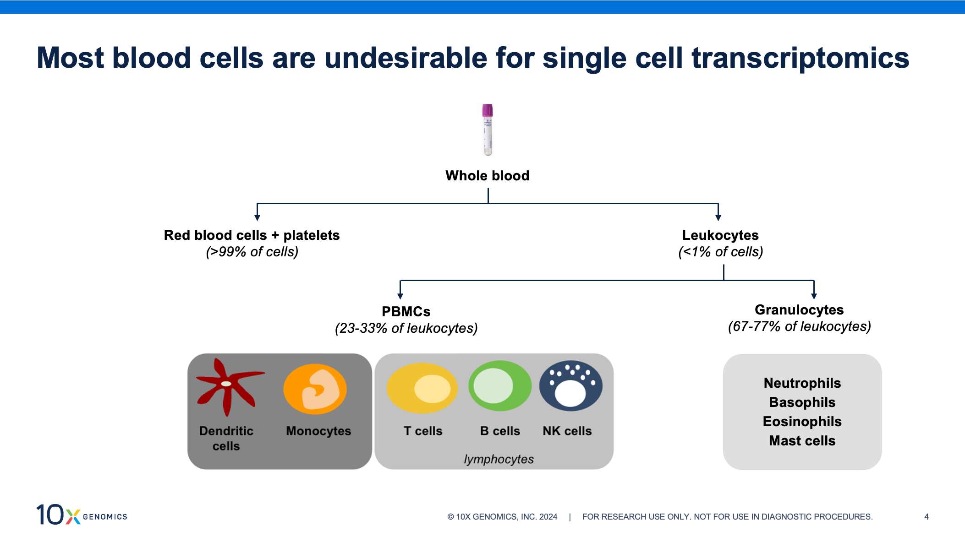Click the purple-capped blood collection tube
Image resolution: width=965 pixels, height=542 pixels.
click(x=488, y=130)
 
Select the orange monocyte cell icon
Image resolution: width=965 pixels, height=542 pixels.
click(x=315, y=389)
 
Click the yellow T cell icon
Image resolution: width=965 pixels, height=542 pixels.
click(x=422, y=388)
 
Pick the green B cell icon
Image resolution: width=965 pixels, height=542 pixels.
click(x=500, y=385)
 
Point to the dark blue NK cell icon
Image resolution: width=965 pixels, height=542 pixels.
click(x=570, y=385)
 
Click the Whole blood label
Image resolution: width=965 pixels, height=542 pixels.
click(x=487, y=176)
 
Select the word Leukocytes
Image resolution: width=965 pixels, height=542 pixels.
click(x=720, y=235)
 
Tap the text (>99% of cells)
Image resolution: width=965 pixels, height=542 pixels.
click(x=252, y=252)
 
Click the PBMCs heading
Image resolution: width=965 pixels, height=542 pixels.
click(x=406, y=312)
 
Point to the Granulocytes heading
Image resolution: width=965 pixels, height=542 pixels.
click(x=799, y=310)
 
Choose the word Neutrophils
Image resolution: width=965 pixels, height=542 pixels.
click(x=802, y=383)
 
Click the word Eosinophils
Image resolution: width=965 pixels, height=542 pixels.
click(x=802, y=422)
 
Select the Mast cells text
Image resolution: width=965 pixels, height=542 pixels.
click(x=802, y=441)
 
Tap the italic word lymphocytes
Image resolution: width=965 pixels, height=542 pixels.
click(x=499, y=459)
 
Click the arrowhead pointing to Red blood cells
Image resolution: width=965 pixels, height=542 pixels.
click(x=258, y=217)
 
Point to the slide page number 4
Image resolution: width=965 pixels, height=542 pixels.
click(x=927, y=517)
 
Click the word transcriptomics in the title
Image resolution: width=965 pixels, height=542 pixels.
click(x=800, y=58)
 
